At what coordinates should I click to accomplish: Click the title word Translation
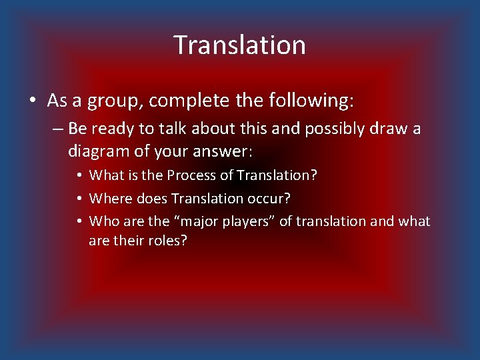[240, 45]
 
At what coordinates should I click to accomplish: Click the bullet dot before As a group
[33, 101]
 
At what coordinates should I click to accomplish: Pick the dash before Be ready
[55, 129]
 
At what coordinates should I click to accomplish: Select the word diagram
[98, 151]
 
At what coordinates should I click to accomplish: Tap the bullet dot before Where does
[79, 199]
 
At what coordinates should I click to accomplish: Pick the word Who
[103, 221]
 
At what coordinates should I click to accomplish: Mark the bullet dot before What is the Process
[79, 176]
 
